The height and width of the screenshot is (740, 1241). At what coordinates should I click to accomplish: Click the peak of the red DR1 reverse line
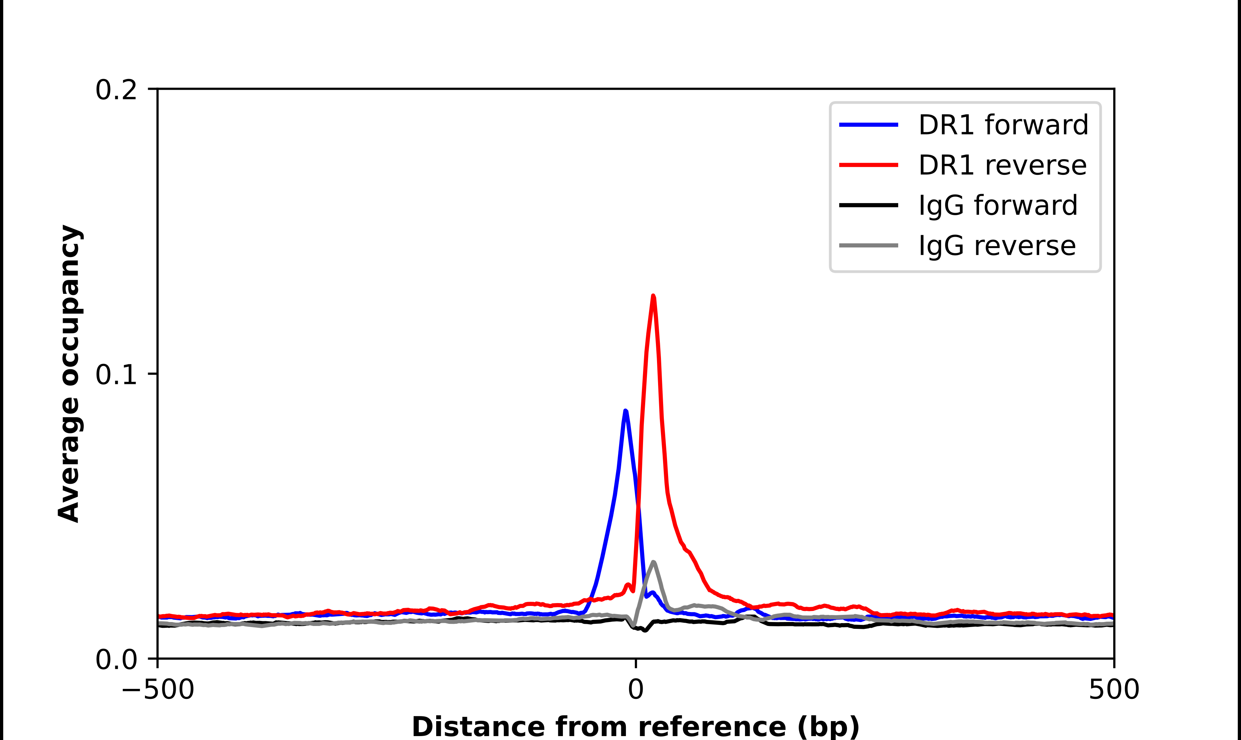[x=653, y=296]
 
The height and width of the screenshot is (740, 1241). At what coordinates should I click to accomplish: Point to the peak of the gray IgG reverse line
[x=653, y=562]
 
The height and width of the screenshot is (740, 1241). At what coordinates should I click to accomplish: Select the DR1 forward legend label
[x=1003, y=125]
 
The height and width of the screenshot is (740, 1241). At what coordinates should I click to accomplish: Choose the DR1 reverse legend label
[x=1002, y=165]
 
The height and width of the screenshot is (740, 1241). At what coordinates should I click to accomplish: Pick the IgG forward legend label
[x=998, y=206]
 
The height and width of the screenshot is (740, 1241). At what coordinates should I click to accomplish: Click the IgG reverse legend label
[x=997, y=246]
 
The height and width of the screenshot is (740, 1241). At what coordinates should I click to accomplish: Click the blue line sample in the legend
[x=868, y=125]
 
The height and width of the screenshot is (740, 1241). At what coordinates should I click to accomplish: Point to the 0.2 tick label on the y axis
[x=116, y=90]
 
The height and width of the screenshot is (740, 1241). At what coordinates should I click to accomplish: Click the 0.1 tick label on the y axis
[x=116, y=375]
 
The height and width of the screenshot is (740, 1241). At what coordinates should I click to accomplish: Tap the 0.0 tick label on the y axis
[x=116, y=660]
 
